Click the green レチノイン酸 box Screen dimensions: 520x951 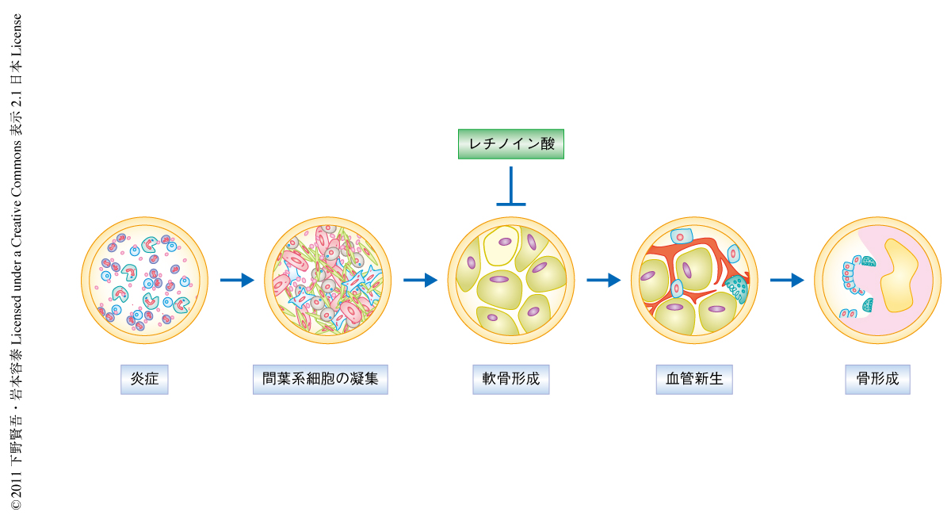511,144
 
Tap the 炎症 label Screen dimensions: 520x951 144,379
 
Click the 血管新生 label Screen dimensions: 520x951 694,379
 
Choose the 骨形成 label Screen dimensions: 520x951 877,379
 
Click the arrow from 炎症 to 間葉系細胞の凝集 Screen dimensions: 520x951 236,280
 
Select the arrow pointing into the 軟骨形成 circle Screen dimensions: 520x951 420,280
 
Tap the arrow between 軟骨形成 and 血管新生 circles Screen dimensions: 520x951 603,280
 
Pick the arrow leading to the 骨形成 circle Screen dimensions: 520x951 787,280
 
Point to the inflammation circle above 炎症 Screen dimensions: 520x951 144,280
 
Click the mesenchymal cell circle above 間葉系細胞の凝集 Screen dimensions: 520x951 327,280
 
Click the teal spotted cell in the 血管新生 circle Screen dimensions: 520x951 738,287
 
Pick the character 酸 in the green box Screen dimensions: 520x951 546,144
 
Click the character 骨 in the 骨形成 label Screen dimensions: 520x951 863,379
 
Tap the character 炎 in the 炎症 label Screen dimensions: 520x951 137,379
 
